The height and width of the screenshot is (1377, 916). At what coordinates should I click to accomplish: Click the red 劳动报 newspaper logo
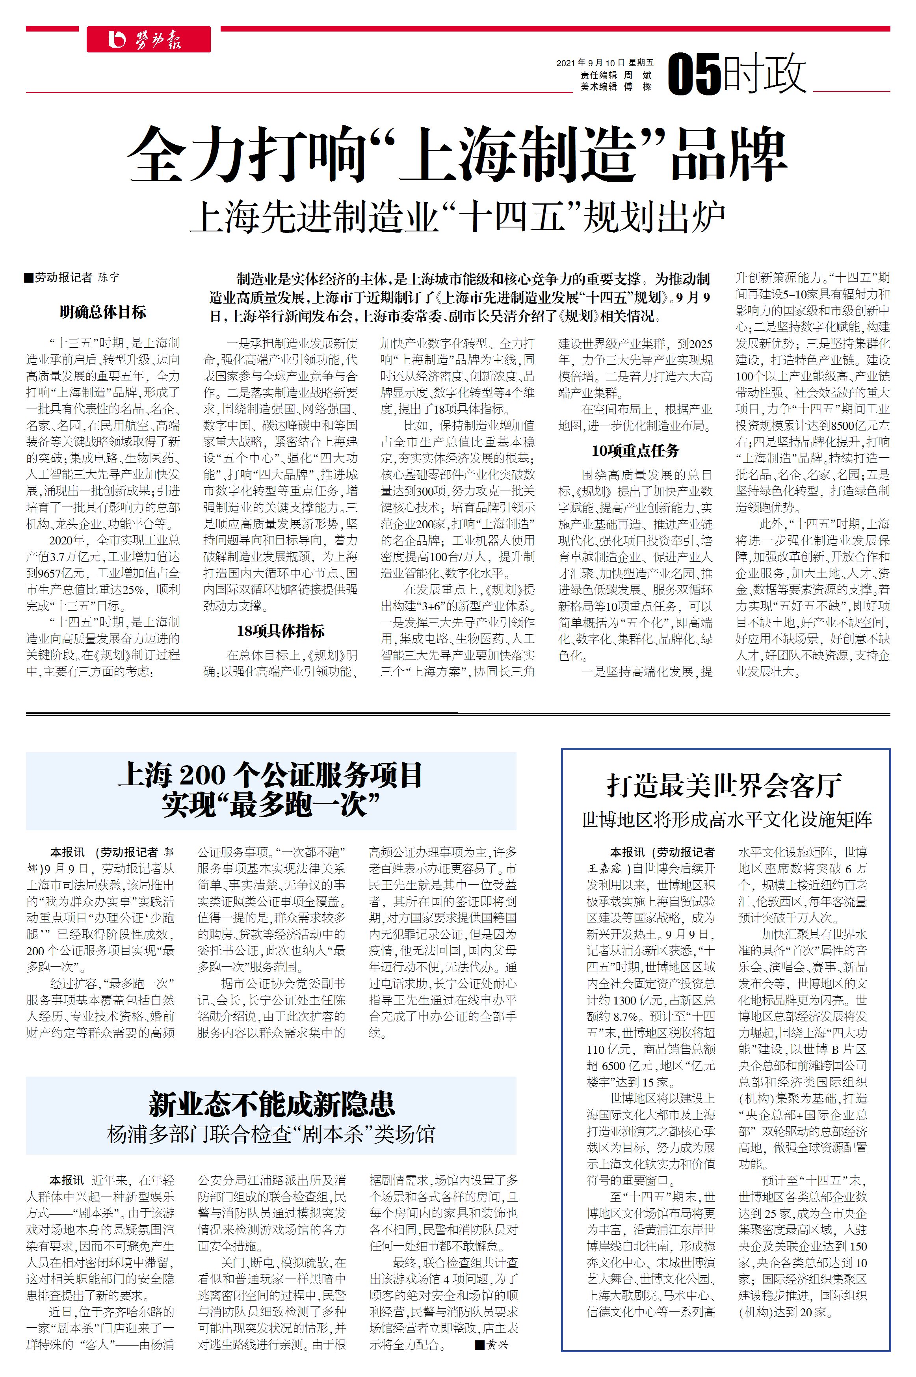(149, 39)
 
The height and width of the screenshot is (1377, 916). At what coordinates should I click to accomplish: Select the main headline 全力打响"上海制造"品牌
(457, 155)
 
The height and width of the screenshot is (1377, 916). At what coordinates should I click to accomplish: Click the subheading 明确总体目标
(103, 312)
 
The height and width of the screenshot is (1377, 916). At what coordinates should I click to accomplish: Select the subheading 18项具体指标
(281, 631)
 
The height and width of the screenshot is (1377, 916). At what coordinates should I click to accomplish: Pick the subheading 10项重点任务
(635, 451)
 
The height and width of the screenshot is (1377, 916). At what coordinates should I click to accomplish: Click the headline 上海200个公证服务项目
(271, 775)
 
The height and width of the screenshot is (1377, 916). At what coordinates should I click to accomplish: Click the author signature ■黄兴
(492, 1344)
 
